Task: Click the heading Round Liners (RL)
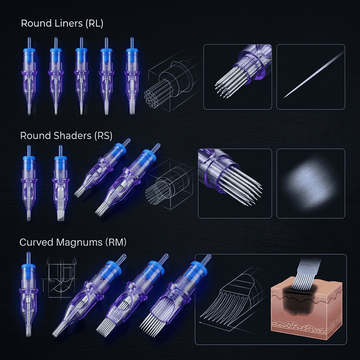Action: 62,24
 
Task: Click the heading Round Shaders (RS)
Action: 66,136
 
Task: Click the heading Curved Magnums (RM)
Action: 73,242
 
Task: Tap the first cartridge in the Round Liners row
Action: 29,76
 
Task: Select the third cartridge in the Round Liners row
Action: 81,76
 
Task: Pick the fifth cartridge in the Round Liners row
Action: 132,76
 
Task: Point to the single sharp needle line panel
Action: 311,76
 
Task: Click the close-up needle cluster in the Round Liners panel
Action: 237,76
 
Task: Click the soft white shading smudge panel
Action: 311,183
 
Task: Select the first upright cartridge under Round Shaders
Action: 29,183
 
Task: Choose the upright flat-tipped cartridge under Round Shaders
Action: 61,183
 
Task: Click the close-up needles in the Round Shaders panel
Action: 235,183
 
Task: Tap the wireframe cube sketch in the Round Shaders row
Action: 170,184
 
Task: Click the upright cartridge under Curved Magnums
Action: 29,295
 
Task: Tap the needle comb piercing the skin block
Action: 307,274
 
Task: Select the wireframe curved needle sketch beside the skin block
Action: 233,299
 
